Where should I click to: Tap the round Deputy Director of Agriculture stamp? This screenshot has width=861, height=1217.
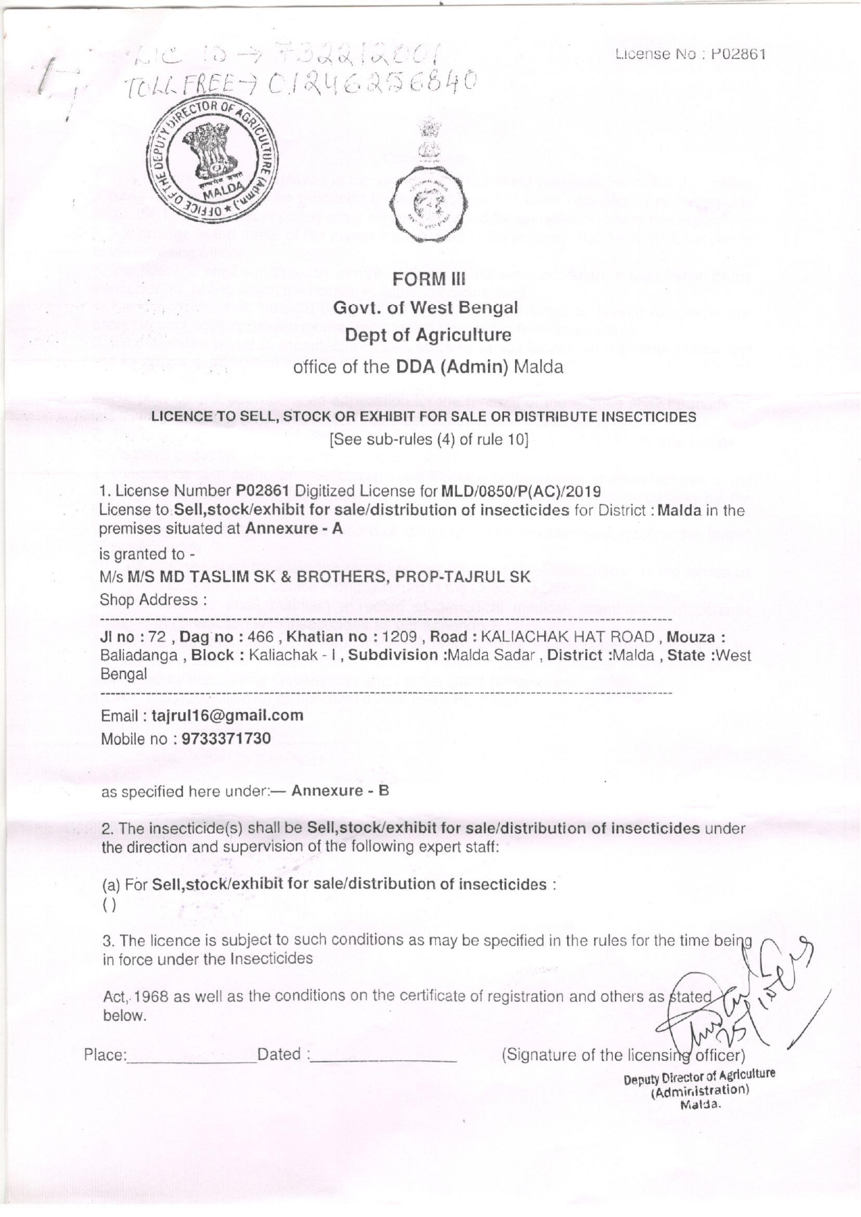tap(211, 164)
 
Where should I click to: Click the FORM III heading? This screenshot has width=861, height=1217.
tap(428, 279)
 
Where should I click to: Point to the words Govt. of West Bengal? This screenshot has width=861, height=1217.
tap(426, 307)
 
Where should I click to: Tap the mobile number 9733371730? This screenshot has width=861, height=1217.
tap(226, 739)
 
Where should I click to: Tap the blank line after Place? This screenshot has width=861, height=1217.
tap(191, 1055)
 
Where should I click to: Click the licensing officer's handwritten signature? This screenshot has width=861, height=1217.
tap(735, 999)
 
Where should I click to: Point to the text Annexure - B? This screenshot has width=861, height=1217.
tap(340, 791)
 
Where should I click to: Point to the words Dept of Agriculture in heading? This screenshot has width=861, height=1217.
tap(428, 336)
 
